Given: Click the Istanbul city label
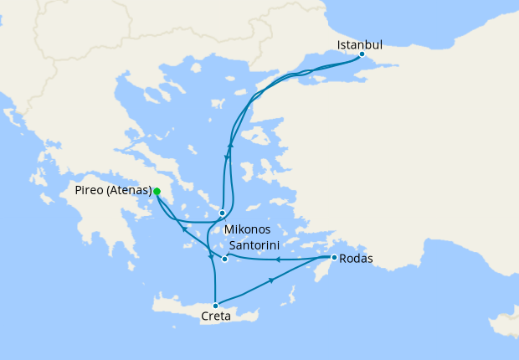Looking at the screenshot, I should click(x=359, y=44).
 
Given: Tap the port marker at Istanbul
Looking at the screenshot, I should click(x=362, y=54).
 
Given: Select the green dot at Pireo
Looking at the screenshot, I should click(x=157, y=191).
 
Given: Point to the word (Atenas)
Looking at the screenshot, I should click(x=130, y=191).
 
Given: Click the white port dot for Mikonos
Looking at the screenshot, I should click(x=222, y=213).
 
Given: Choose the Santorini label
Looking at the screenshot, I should click(x=254, y=244).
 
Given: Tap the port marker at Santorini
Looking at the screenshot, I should click(x=224, y=259).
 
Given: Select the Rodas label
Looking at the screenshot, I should click(x=357, y=258).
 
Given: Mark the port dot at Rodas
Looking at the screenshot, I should click(x=334, y=258).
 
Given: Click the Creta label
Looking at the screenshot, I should click(x=216, y=316).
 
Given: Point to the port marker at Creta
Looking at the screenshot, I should click(x=216, y=306).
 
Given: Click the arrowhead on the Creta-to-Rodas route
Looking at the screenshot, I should click(x=271, y=280).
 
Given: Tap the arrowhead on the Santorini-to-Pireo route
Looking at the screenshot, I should click(x=184, y=229).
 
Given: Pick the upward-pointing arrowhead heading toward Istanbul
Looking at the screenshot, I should click(x=230, y=146).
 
